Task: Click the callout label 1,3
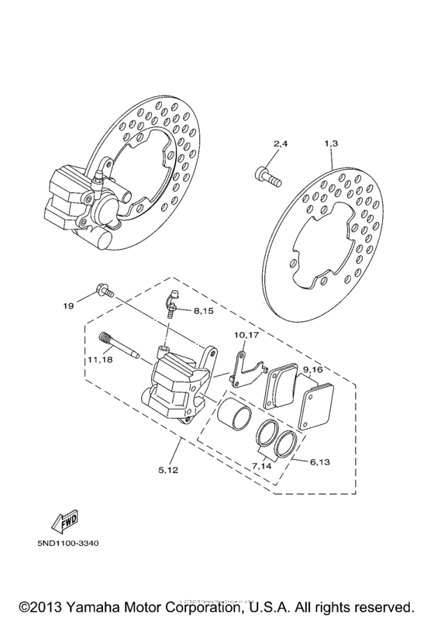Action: click(x=331, y=145)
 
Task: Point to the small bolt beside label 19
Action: click(x=103, y=292)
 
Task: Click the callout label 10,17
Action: click(x=246, y=336)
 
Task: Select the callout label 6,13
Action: click(x=319, y=461)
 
